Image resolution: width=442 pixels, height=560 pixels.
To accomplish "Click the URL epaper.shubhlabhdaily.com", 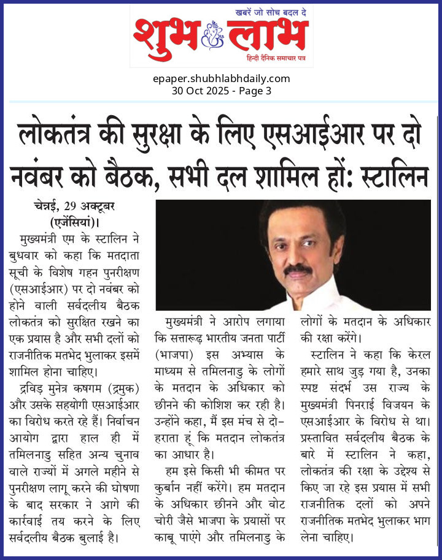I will (221, 78).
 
